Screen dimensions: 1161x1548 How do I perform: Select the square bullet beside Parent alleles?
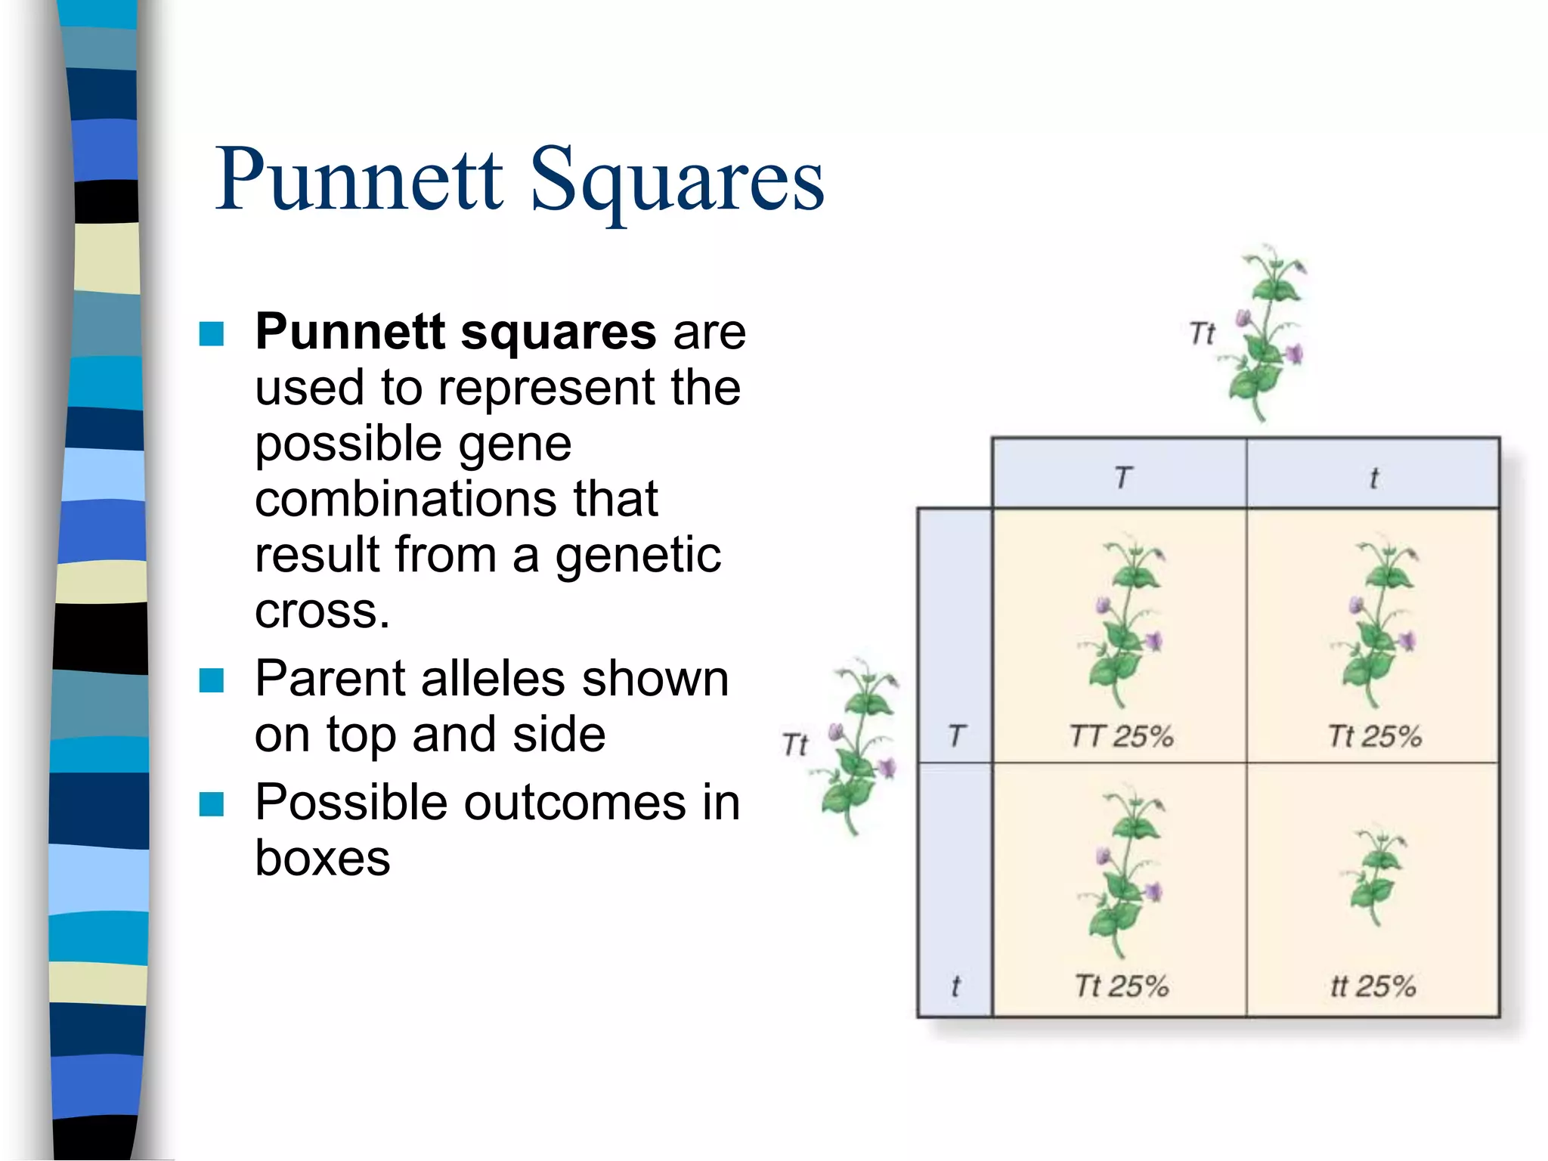(x=212, y=680)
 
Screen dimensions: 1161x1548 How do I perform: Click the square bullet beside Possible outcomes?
(x=212, y=804)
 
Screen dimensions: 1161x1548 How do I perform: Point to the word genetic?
(x=638, y=556)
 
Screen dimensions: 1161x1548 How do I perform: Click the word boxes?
(x=323, y=858)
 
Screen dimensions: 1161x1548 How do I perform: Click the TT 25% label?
(x=1121, y=735)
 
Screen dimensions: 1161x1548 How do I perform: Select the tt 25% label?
(x=1373, y=986)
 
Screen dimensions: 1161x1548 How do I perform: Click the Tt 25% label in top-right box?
(x=1374, y=735)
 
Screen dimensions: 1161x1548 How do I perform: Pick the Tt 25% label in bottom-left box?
(x=1121, y=986)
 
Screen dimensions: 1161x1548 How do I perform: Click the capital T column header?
(x=1123, y=477)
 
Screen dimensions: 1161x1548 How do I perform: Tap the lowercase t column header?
(x=1373, y=478)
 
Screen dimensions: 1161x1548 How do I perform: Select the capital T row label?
(x=956, y=735)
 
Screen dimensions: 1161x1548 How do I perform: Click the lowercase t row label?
(x=955, y=986)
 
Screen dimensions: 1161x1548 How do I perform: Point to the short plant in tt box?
(x=1376, y=877)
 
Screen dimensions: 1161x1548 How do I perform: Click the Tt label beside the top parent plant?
(x=1202, y=333)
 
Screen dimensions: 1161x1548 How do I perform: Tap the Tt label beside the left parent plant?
(x=795, y=745)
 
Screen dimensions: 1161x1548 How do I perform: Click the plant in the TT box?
(x=1123, y=624)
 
